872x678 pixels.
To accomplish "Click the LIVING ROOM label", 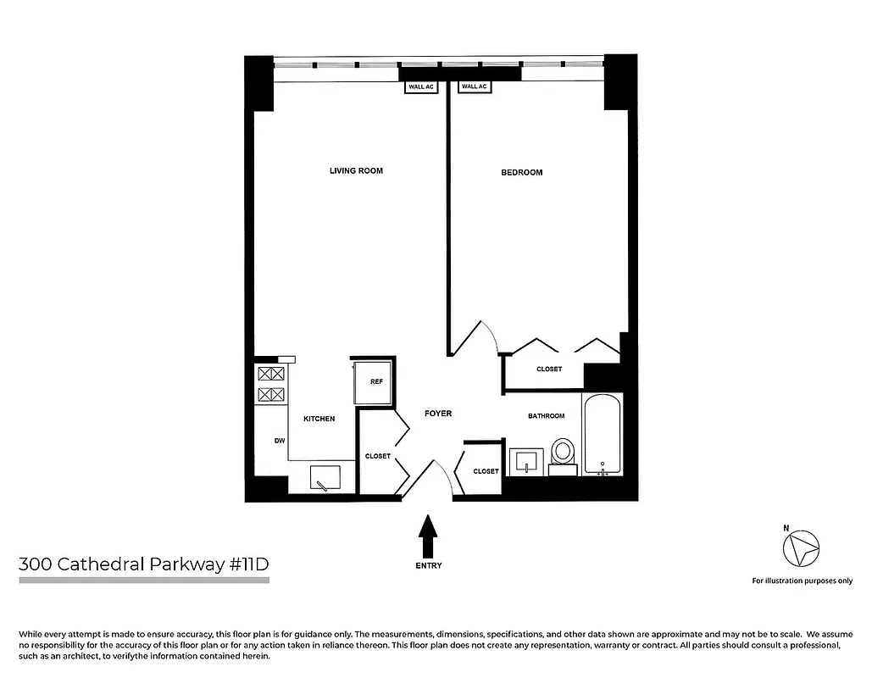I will click(x=356, y=170).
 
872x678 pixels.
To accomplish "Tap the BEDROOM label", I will click(x=521, y=172).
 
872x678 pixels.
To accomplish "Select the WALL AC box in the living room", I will click(x=420, y=86).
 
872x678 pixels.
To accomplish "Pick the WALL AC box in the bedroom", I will click(x=474, y=86).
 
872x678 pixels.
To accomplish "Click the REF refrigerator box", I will click(x=373, y=383).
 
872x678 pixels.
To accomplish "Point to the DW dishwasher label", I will click(x=278, y=440).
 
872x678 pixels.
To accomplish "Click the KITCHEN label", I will click(x=319, y=419).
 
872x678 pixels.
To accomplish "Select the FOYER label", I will click(x=438, y=414).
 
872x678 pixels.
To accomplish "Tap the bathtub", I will click(x=603, y=434).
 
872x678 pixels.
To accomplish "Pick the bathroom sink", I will click(x=527, y=462).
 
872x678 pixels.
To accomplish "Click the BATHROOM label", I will click(x=547, y=416).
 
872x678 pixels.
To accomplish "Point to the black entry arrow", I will click(x=429, y=536).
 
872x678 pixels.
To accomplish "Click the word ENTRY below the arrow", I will click(x=429, y=565).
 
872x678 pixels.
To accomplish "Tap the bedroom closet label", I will click(x=549, y=370).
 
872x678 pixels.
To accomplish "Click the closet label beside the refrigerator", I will click(x=378, y=456).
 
